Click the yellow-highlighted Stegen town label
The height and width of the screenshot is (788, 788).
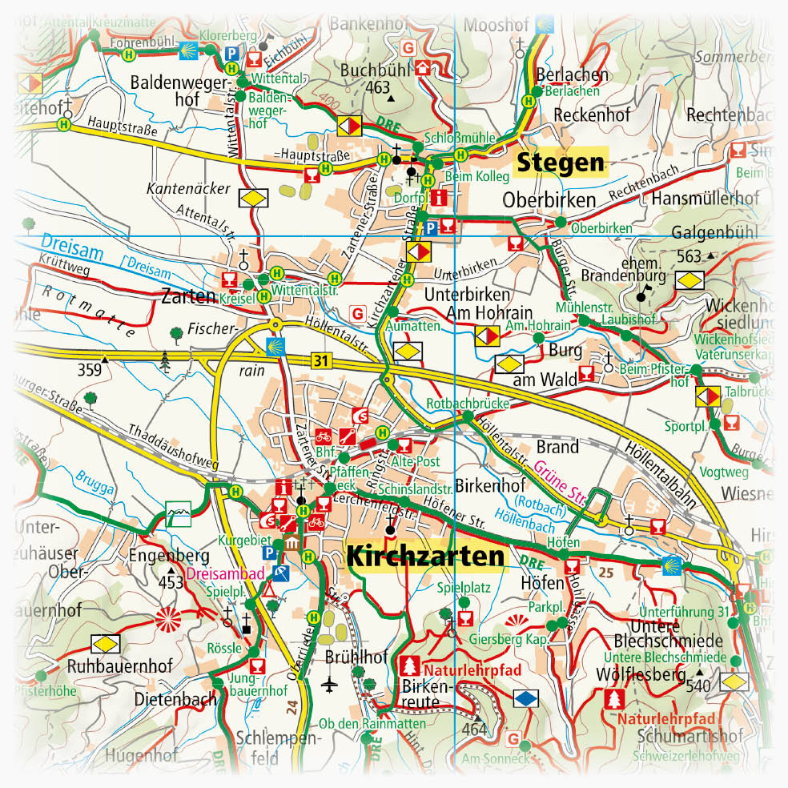tap(561, 163)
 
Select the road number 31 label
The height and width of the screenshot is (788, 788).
tap(322, 361)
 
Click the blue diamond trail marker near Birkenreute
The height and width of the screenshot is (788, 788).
tap(525, 698)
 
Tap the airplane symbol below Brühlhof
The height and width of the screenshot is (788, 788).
tap(330, 684)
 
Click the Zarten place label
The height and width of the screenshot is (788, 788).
tap(188, 296)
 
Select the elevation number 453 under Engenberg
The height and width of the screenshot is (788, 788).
tap(171, 581)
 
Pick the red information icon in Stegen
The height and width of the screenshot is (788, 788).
tap(438, 197)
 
